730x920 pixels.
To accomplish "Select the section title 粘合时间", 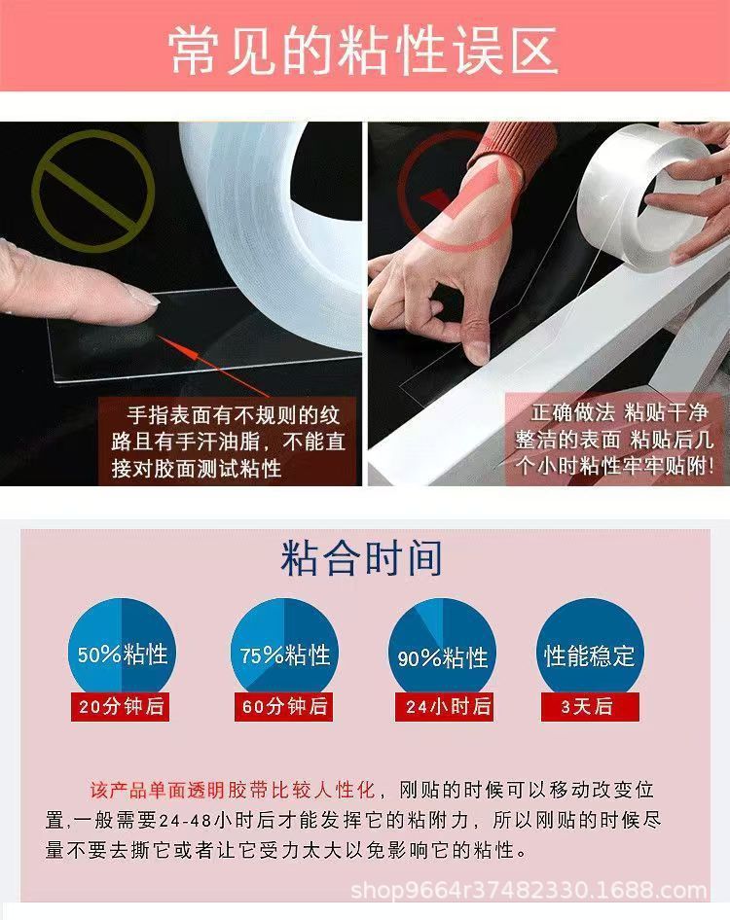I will [362, 559].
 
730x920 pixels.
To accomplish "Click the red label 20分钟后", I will [121, 707].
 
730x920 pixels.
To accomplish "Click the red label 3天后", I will [587, 706].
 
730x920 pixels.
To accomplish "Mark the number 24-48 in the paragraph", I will [188, 819].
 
